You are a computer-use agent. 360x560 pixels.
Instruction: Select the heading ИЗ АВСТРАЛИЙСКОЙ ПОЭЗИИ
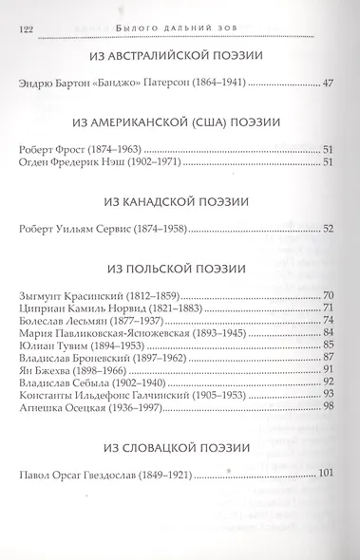click(179, 58)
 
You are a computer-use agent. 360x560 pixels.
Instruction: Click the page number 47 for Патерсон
click(330, 84)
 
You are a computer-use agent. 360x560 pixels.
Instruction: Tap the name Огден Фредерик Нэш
click(71, 161)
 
